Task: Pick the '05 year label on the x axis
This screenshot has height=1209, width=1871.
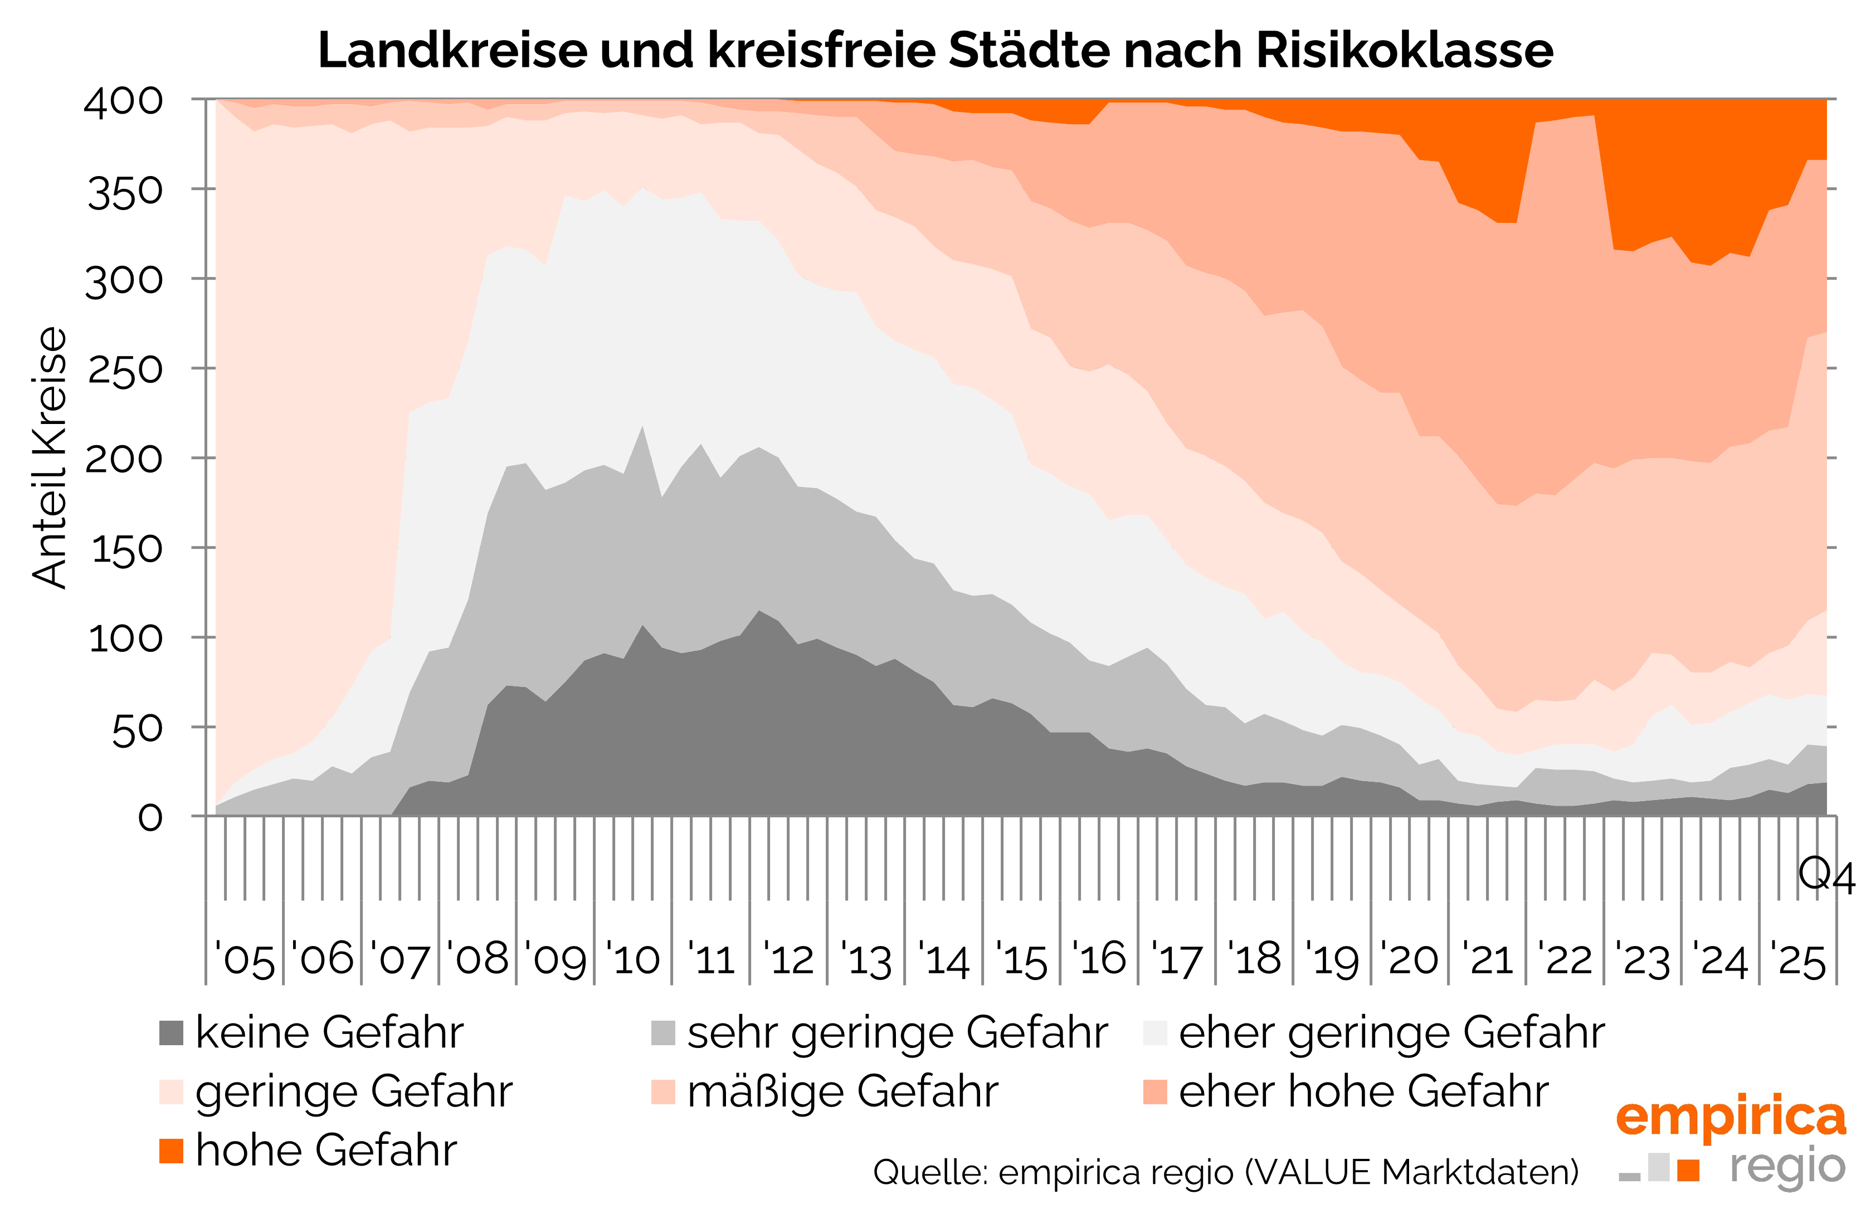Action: (245, 959)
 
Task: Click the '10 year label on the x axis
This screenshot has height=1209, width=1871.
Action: (633, 959)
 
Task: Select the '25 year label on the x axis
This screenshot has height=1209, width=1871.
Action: (1797, 959)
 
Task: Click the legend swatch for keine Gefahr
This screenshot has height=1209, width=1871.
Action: (171, 1033)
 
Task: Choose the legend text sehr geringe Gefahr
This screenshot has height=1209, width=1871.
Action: (896, 1032)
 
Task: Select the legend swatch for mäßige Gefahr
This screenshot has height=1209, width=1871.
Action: (662, 1092)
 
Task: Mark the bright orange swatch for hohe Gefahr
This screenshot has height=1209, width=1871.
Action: (171, 1151)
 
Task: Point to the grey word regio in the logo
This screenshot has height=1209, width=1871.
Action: (1788, 1167)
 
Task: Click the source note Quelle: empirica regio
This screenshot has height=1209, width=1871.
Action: (1225, 1172)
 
